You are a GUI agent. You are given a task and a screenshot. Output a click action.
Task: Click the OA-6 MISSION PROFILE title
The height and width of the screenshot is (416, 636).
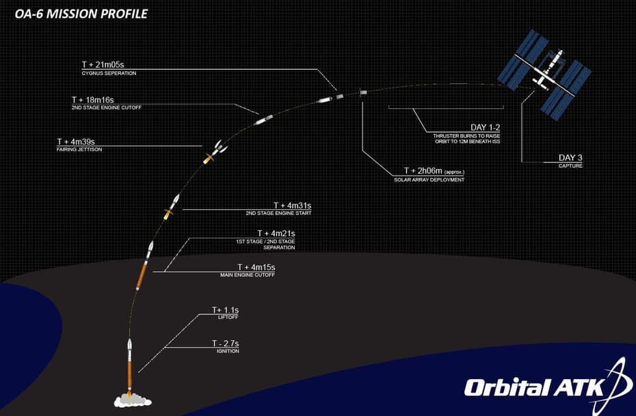[81, 14]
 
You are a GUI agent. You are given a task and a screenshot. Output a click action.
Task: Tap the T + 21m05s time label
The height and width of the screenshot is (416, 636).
[103, 64]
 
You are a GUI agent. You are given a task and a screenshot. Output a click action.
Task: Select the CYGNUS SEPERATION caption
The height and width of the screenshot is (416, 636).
[109, 73]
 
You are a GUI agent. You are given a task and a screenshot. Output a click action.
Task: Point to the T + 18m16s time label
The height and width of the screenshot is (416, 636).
[93, 100]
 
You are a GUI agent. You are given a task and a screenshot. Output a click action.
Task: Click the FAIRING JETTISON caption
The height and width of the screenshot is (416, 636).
[79, 150]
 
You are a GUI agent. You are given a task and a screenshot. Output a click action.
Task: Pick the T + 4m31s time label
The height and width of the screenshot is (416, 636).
[293, 206]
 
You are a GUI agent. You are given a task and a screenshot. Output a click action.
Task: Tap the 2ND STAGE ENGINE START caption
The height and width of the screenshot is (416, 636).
[278, 213]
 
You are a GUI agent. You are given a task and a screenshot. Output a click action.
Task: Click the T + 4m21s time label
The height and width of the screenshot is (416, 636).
[276, 233]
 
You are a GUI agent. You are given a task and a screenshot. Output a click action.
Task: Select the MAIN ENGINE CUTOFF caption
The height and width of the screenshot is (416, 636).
[248, 275]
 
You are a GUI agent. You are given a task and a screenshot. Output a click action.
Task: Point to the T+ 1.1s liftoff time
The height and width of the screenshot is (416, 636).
[226, 310]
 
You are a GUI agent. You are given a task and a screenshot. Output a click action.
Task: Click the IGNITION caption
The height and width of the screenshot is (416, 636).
[228, 351]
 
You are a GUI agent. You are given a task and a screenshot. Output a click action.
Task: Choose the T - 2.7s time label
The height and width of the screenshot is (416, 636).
[226, 343]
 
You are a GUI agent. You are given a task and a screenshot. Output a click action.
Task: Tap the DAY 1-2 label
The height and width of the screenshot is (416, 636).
[486, 127]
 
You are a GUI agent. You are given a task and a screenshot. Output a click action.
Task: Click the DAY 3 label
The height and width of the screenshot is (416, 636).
[570, 158]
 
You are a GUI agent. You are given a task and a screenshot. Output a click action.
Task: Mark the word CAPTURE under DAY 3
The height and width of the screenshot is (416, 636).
[570, 166]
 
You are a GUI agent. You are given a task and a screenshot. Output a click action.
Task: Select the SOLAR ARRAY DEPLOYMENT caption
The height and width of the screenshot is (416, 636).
[429, 180]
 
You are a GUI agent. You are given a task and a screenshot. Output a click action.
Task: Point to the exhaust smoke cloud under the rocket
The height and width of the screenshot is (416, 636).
[133, 401]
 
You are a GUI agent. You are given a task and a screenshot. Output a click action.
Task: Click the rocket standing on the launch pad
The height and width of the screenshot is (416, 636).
[130, 365]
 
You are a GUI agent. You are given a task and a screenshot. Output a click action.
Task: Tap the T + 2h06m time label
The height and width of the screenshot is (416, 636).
[423, 171]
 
